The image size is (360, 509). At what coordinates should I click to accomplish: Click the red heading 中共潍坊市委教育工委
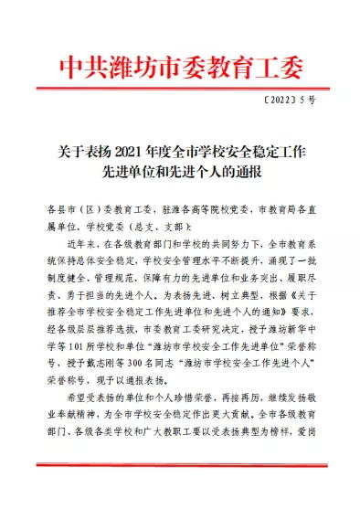click(179, 69)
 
